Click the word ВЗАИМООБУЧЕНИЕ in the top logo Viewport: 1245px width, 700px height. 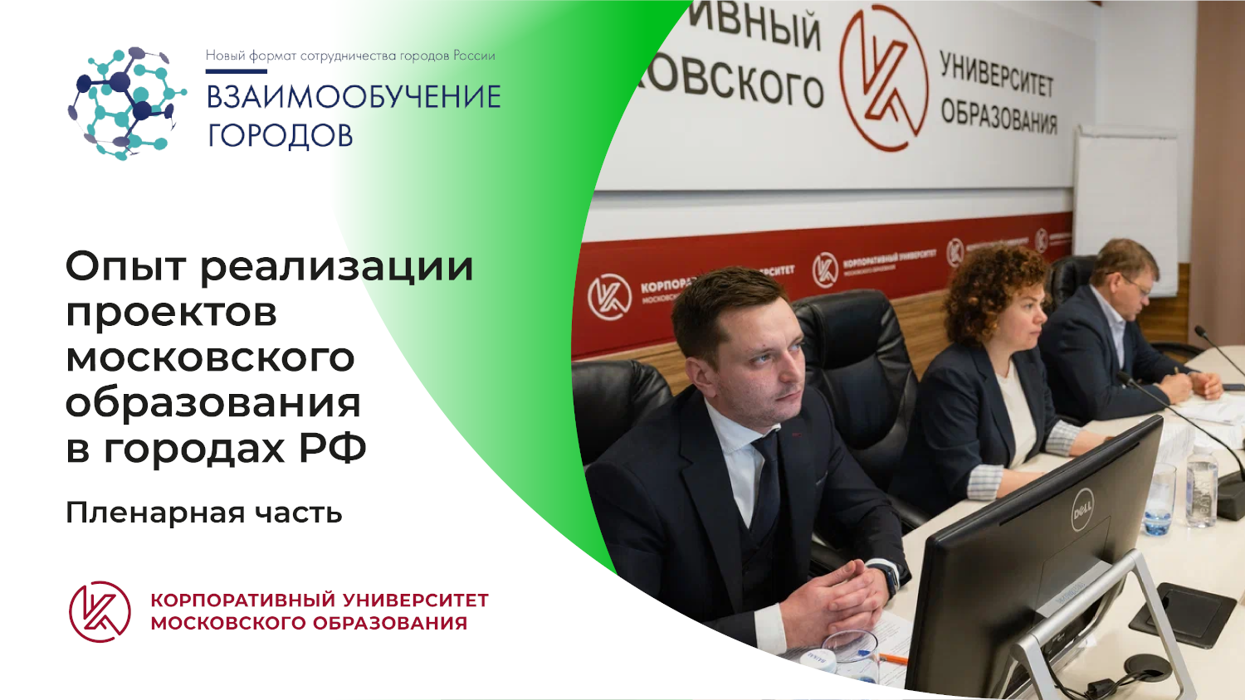354,97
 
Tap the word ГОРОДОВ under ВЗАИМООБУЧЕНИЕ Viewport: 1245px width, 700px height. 281,135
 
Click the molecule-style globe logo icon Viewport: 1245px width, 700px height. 126,103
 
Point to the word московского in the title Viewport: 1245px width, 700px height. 210,358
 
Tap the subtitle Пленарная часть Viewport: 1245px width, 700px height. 203,513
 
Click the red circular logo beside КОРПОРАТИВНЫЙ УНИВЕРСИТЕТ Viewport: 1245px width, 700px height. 100,612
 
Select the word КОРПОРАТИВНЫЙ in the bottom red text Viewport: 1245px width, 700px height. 242,600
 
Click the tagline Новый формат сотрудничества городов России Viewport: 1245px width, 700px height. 350,56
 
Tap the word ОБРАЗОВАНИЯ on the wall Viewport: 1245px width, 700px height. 998,116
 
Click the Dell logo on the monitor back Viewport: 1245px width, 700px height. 1083,507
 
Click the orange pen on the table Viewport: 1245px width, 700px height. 892,659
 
